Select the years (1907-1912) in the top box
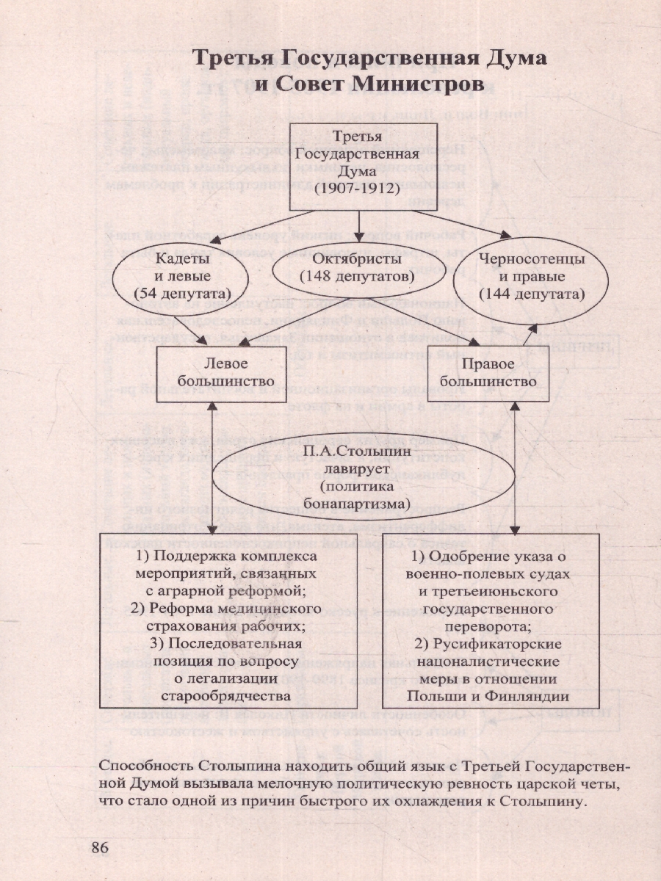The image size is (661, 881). click(357, 189)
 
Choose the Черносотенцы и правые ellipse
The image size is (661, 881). click(531, 278)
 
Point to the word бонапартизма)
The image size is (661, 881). click(358, 504)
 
